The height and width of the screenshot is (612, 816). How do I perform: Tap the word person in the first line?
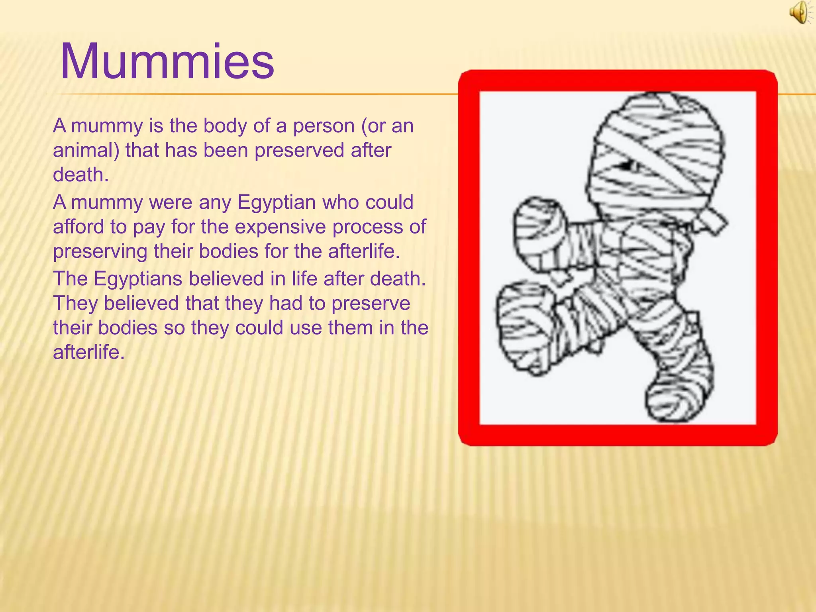324,126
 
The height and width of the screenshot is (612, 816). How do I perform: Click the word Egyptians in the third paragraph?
138,279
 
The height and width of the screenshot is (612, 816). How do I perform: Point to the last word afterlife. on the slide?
89,352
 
